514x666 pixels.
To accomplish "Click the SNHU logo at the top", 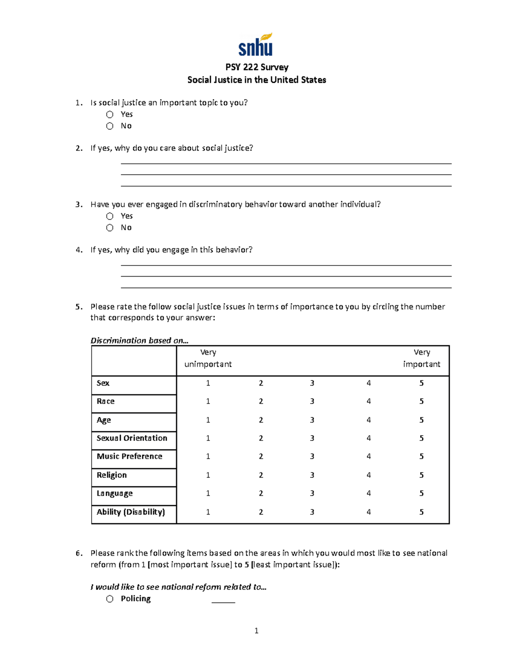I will pos(256,45).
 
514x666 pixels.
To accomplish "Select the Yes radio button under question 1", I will pos(110,115).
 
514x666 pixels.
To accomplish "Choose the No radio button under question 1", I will pos(110,126).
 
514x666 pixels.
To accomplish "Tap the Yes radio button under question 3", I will pos(110,216).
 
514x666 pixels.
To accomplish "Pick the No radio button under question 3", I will pos(110,228).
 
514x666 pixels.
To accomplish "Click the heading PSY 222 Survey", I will pos(257,67).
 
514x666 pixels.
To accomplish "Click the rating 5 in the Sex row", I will pos(421,383).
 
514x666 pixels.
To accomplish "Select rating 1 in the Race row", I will pos(208,401).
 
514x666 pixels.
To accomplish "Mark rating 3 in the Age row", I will pos(312,420).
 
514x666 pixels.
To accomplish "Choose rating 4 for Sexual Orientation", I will pos(368,438).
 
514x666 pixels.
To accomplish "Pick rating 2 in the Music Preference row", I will pos(261,456).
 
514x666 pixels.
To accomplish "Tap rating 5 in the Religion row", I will pos(421,475).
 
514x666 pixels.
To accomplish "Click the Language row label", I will pos(114,493).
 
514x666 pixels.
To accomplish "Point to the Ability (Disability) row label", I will pos(131,512).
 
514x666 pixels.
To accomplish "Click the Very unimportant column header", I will pos(208,358).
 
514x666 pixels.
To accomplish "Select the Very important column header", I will pos(421,358).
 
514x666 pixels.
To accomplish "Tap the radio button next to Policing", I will pos(110,599).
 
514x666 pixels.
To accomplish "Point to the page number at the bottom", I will pos(256,630).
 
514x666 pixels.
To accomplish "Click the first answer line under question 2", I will pos(286,163).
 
